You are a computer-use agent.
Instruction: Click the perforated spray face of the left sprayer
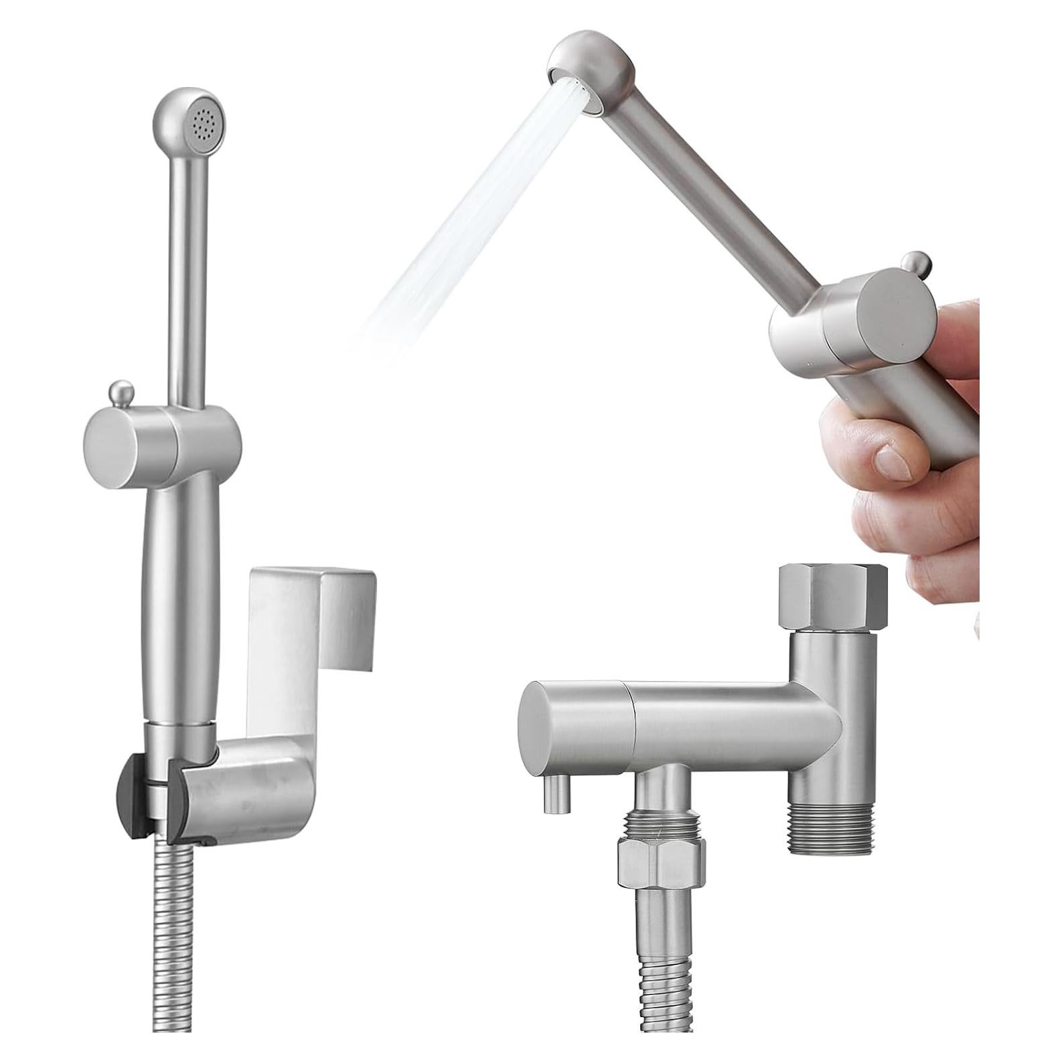(204, 123)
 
